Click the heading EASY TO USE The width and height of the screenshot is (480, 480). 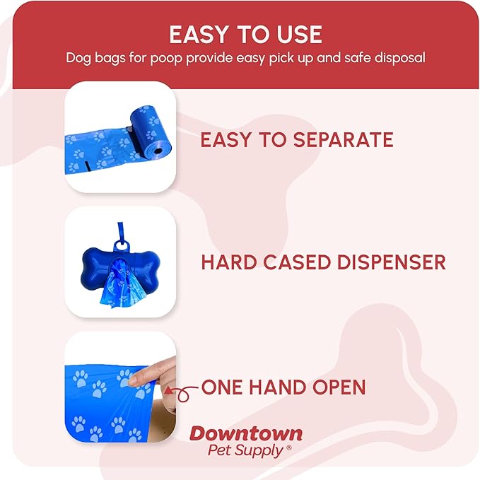pos(245,34)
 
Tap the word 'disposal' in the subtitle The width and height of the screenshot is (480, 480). pos(398,58)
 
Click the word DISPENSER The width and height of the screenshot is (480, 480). pos(387,263)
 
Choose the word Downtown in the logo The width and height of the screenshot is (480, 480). pos(245,433)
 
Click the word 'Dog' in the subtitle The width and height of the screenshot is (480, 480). pos(78,58)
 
